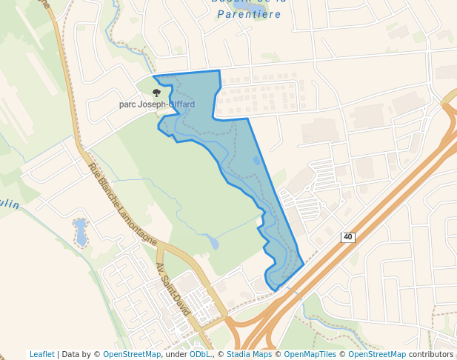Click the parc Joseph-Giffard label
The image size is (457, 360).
157,104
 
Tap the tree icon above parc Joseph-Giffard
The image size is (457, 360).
156,93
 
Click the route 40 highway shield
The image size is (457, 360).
348,237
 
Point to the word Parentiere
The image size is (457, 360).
249,14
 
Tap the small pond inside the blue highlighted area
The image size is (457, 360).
257,160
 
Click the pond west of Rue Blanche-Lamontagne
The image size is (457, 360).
80,232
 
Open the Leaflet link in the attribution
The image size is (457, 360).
42,354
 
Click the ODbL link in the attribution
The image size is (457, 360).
200,354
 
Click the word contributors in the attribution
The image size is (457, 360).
431,354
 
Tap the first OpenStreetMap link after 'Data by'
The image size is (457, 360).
132,354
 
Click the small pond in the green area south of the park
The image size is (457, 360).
213,243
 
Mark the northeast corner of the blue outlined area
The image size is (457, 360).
219,71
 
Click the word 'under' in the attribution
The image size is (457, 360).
176,354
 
